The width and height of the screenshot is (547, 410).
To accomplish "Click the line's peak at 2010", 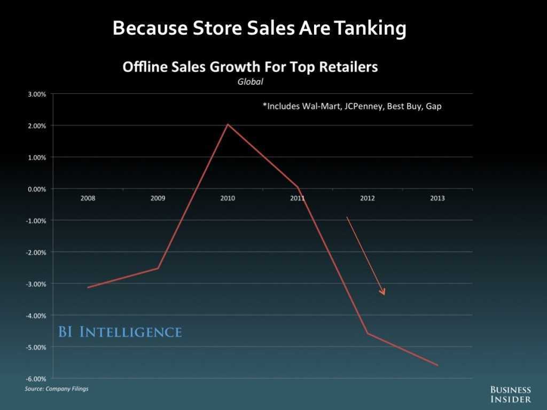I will click(228, 124).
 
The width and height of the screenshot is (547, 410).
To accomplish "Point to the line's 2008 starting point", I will click(88, 287).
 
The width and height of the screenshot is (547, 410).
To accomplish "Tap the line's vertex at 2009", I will click(158, 268).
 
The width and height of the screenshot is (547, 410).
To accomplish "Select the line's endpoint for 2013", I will click(437, 365).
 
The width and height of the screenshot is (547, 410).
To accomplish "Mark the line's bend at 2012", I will click(368, 334).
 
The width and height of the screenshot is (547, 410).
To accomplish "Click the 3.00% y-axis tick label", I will click(37, 94).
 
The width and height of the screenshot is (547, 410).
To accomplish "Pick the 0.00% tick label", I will click(37, 189).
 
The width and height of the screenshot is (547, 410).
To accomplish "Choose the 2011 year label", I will click(298, 198).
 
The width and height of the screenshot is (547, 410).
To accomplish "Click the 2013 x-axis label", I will click(437, 198).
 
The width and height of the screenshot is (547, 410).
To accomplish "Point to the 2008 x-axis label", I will click(88, 198).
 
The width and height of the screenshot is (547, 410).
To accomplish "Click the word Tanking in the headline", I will click(368, 28).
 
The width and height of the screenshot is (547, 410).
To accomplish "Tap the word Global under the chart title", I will click(251, 82).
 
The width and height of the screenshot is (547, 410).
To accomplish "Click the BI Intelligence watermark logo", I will click(120, 332).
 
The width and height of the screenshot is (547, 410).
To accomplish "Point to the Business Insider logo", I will click(510, 395).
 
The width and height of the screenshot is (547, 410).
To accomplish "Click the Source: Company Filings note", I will click(57, 389).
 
